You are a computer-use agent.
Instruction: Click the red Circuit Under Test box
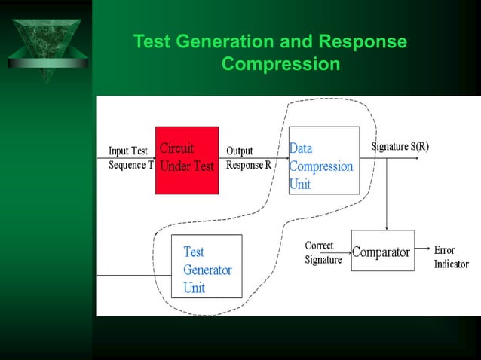(187, 160)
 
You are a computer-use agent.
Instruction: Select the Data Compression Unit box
(324, 160)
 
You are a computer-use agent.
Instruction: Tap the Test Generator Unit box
(207, 266)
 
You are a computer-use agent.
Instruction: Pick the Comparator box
(382, 252)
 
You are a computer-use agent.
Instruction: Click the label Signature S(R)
(400, 146)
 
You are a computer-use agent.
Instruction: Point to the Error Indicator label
(451, 257)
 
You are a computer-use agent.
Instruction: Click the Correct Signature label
(323, 253)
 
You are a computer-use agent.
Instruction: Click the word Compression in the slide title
(280, 65)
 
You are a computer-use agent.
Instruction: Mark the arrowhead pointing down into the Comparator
(387, 227)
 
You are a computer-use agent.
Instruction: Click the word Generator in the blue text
(207, 270)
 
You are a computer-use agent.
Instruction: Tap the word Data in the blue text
(301, 149)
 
